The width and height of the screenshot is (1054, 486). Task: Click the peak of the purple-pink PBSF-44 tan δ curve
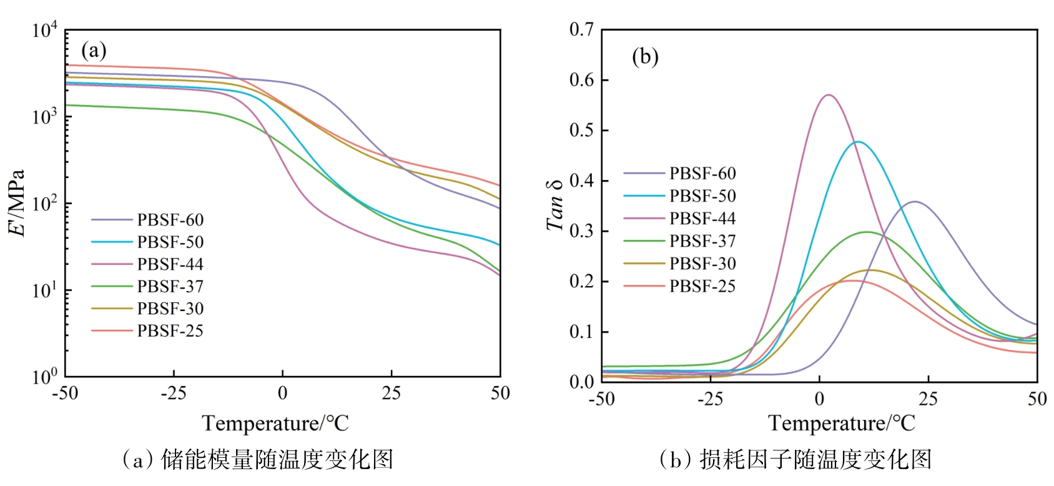click(829, 95)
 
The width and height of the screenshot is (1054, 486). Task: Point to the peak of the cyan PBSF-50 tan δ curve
click(858, 142)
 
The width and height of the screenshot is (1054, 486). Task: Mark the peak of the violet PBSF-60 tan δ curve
click(915, 201)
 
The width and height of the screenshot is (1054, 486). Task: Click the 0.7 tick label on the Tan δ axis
click(581, 29)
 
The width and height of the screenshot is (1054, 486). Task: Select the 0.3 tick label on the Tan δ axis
click(581, 231)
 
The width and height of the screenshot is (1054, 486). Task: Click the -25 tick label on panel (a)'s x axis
click(174, 393)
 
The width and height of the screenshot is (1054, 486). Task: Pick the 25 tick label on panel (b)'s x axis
click(928, 399)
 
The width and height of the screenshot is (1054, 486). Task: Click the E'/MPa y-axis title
click(17, 203)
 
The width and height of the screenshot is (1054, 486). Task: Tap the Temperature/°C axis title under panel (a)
click(275, 424)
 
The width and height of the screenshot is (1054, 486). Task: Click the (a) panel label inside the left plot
click(94, 50)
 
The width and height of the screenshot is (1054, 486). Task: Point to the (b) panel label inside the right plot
click(645, 57)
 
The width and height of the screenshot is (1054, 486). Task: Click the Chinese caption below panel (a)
click(258, 460)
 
